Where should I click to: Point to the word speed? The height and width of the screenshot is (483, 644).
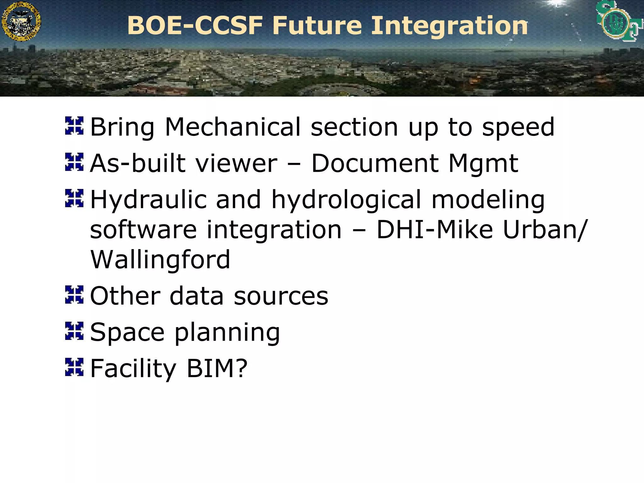tap(518, 127)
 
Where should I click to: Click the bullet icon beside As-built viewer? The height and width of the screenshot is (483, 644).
tap(74, 162)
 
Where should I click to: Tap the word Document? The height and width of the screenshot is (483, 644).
tap(375, 163)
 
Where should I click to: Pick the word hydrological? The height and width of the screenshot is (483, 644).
tap(346, 200)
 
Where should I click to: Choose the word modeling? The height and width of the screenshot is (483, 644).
tap(488, 200)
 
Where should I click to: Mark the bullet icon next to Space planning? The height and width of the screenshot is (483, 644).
tap(74, 331)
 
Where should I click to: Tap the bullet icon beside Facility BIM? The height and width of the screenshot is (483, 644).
tap(74, 367)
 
